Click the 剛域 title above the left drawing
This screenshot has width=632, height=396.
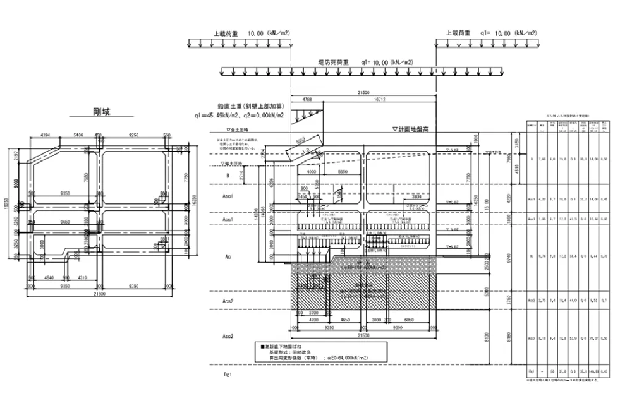point(101,112)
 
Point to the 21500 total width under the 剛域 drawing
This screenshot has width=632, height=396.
point(99,294)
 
